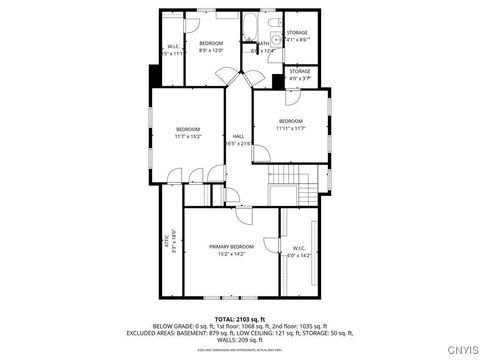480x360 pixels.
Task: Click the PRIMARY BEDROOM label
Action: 232,246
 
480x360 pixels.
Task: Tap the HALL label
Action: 239,136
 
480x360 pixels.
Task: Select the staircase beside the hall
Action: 290,184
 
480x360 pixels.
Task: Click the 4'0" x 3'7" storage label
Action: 299,75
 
